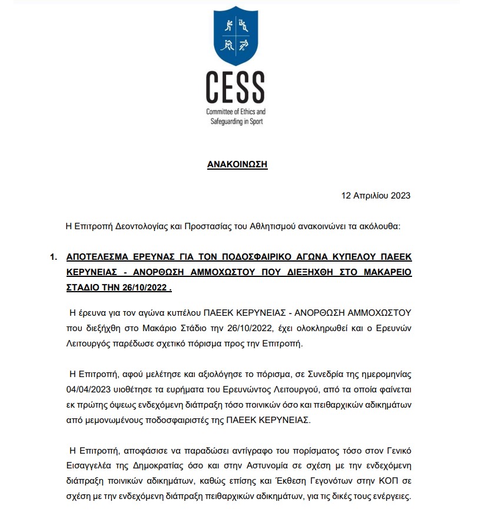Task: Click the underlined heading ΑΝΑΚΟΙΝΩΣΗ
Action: click(x=237, y=164)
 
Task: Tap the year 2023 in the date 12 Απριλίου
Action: click(x=400, y=195)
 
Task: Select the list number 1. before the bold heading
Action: click(x=54, y=257)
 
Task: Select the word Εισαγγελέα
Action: click(x=89, y=466)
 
